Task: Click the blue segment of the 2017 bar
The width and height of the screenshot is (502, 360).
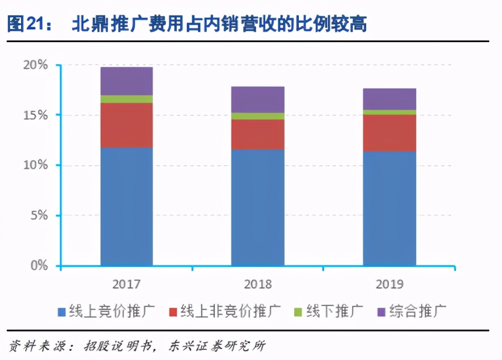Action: click(126, 206)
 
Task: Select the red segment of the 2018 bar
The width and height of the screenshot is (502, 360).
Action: click(258, 134)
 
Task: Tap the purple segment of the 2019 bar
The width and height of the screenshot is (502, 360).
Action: click(389, 99)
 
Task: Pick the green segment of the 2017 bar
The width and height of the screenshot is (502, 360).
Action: click(126, 99)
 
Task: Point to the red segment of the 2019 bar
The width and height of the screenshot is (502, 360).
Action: click(389, 133)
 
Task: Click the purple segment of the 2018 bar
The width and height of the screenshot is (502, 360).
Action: click(258, 99)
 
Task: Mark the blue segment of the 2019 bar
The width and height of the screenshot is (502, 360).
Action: click(389, 208)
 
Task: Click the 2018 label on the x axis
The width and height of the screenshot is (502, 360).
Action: click(258, 285)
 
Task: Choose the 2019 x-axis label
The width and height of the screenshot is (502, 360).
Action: click(389, 285)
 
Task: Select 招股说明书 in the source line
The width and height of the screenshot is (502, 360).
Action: click(118, 346)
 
